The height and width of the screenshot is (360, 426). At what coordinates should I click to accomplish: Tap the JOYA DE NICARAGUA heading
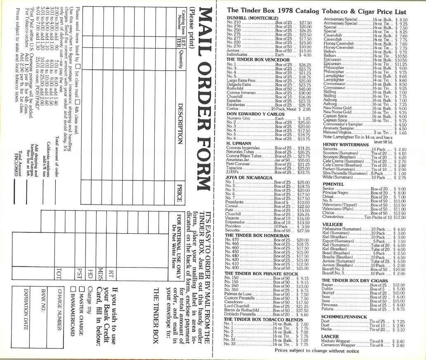[x=249, y=177]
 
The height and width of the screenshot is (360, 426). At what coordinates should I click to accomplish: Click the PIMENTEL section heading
[x=333, y=184]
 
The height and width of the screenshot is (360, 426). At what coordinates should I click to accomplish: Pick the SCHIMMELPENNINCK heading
[x=344, y=317]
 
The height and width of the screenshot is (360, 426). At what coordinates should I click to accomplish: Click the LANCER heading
[x=330, y=336]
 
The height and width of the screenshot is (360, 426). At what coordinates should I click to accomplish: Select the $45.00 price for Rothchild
[x=304, y=89]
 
